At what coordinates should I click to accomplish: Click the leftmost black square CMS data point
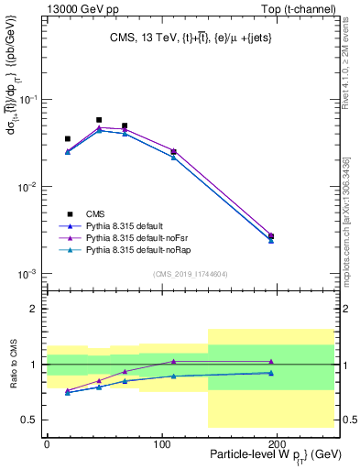coord(68,139)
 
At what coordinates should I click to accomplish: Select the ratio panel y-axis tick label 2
coord(35,309)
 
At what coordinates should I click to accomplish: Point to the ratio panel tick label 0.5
coord(31,420)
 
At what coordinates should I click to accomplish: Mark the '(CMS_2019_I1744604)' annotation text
coord(190,273)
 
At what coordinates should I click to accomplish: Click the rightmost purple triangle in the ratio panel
coord(270,362)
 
